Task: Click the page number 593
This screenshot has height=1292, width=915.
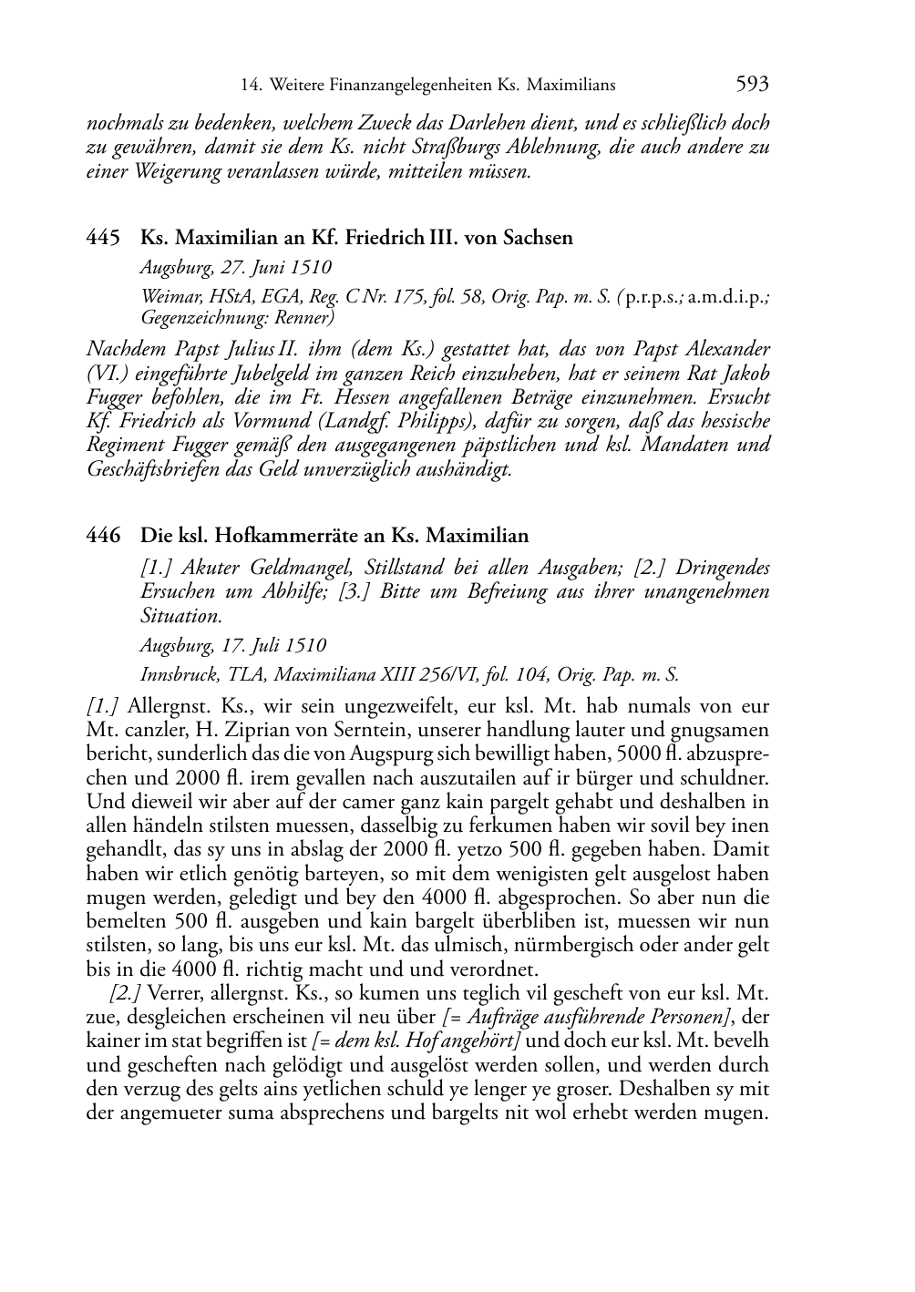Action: point(752,85)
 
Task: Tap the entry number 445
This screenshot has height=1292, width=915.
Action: point(103,239)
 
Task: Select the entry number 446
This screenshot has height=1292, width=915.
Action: point(103,536)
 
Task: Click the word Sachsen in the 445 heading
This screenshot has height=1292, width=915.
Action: point(539,239)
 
